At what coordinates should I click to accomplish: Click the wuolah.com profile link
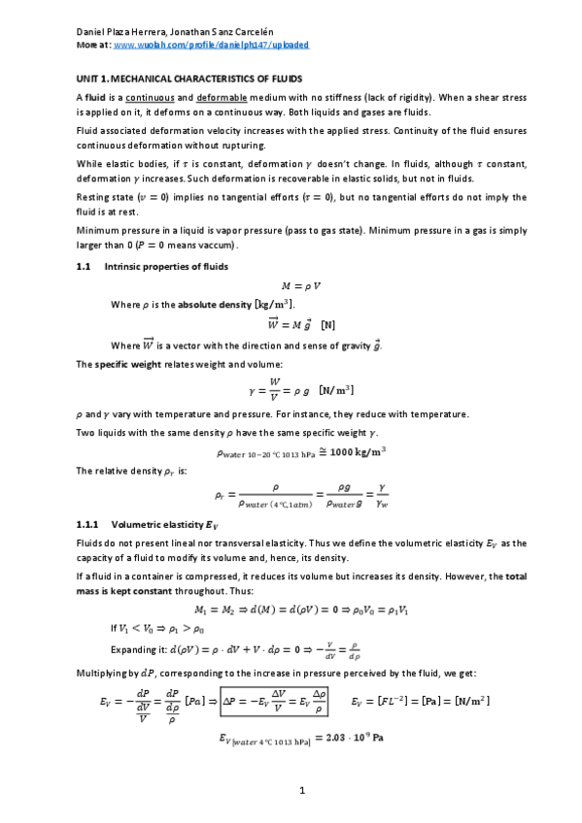pos(212,45)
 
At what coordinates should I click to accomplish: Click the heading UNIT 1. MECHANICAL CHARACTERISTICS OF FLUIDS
pos(189,77)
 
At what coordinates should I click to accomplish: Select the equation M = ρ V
pos(301,286)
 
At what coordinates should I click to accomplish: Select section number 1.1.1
pos(87,525)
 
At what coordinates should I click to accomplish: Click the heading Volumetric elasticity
pos(169,525)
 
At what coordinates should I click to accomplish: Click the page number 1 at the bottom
pos(302,791)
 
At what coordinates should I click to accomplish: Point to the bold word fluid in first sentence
pos(93,97)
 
